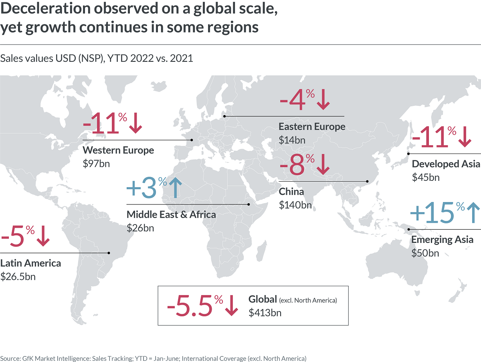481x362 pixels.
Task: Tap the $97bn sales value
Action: coord(96,164)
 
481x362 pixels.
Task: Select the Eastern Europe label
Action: coord(312,127)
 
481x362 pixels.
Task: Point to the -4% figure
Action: coord(297,100)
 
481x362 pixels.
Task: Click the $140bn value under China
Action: coord(295,205)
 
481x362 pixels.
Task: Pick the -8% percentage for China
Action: coord(297,165)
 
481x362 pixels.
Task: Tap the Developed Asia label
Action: coord(446,164)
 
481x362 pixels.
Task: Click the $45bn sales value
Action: coord(426,177)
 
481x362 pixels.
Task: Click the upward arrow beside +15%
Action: coord(473,212)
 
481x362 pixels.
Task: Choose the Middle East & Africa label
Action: coord(171,215)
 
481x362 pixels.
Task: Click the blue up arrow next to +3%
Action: coord(175,188)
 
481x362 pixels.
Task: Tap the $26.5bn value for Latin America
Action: coord(18,277)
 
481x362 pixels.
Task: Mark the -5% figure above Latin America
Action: coord(18,236)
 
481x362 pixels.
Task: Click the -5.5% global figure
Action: coord(195,306)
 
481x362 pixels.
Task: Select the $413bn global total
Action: coord(265,313)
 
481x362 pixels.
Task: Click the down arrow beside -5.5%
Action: coord(231,305)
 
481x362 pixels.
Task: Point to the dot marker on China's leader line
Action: coord(368,182)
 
